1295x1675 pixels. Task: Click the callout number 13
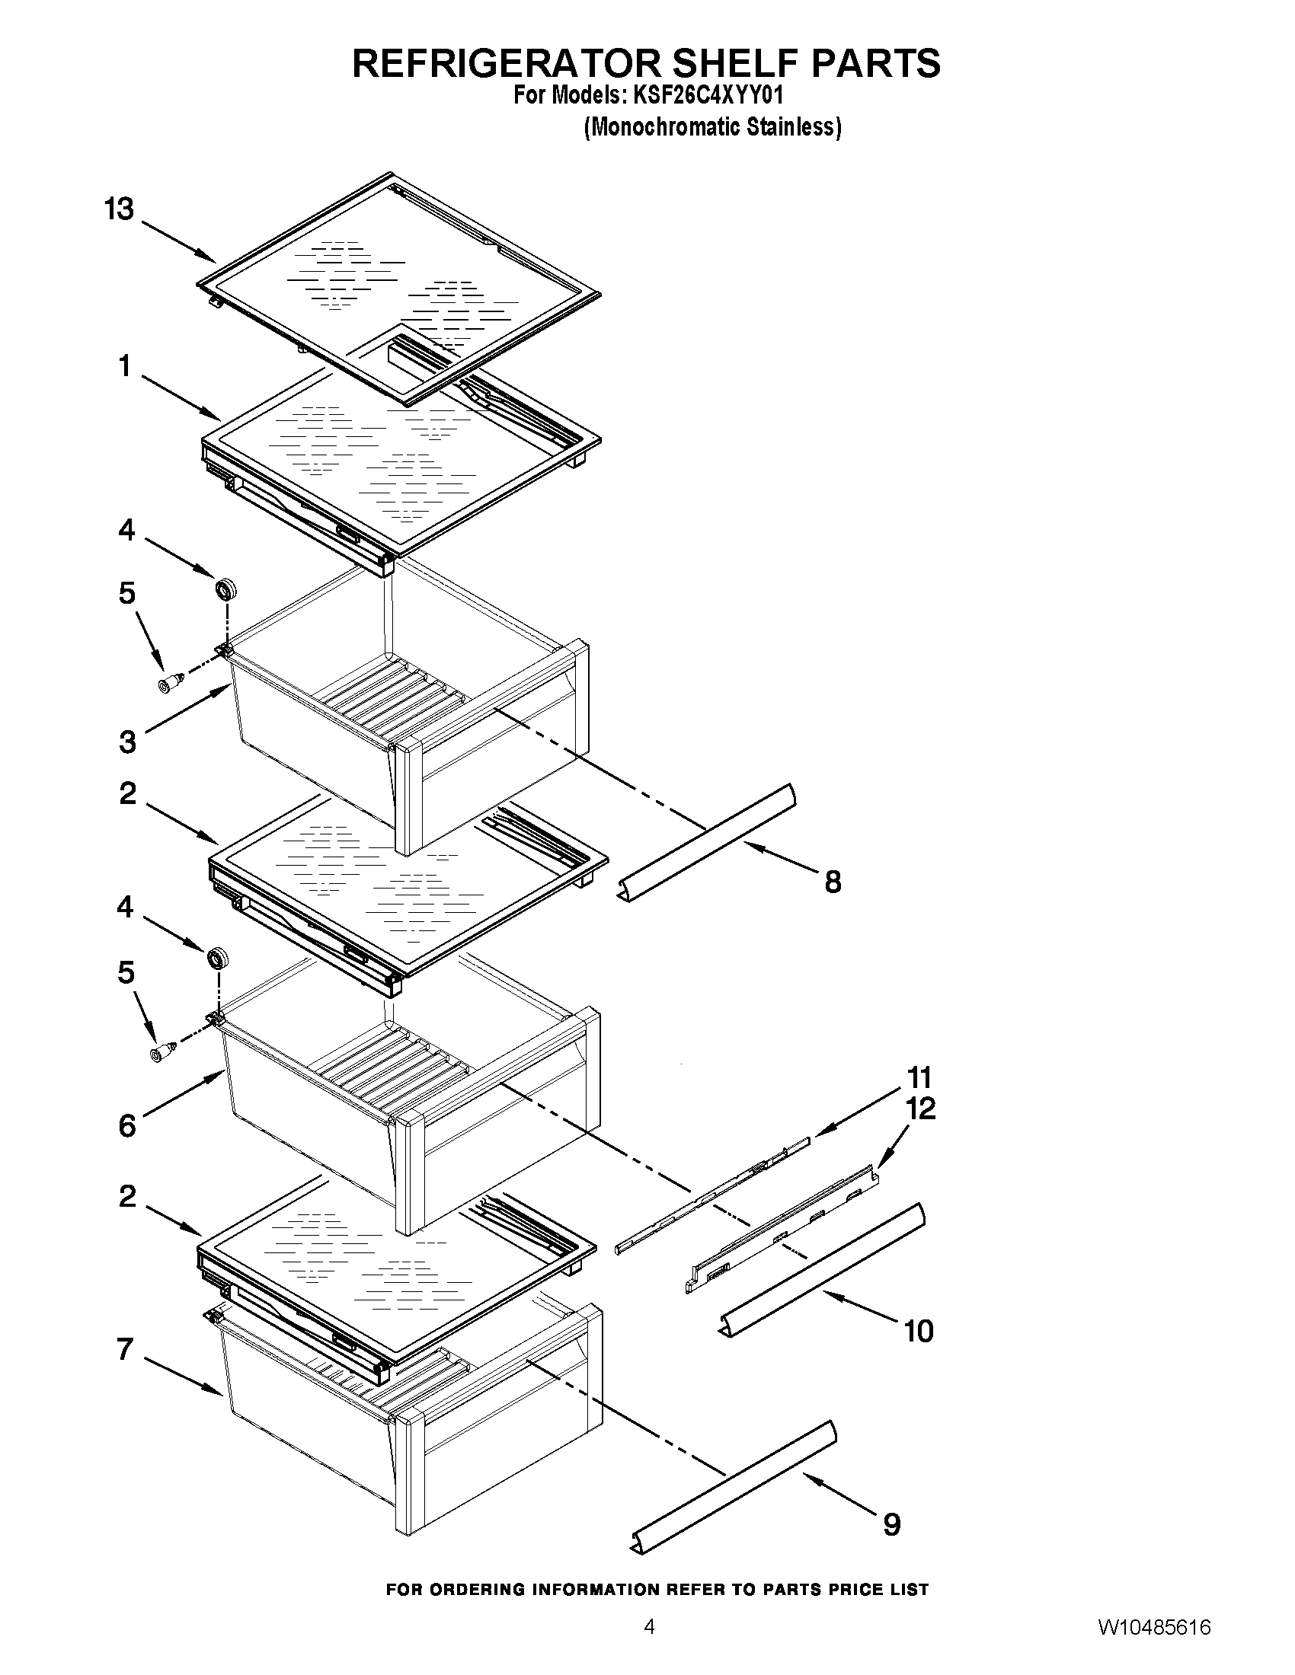pos(119,209)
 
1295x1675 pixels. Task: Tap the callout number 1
pos(125,367)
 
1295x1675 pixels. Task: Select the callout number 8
pos(833,882)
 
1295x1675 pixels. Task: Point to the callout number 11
pos(919,1077)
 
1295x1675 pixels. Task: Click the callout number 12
pos(922,1109)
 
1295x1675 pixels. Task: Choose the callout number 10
pos(919,1332)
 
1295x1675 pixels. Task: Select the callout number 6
pos(127,1125)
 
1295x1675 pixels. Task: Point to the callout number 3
pos(127,742)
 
